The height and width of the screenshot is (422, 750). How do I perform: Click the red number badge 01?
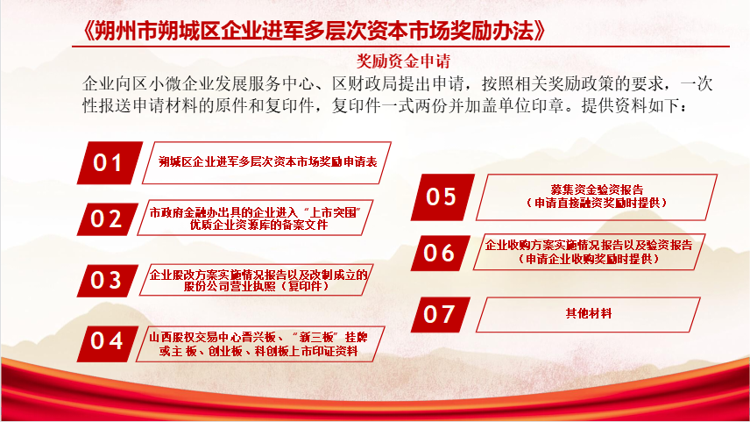pos(110,162)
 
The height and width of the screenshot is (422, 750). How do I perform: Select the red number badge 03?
pos(108,280)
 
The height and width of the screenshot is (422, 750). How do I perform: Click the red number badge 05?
pos(442,197)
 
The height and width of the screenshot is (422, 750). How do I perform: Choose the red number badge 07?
pos(441,314)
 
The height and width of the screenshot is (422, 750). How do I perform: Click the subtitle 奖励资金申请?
pos(403,61)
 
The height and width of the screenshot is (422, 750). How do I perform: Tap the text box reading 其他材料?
pos(588,314)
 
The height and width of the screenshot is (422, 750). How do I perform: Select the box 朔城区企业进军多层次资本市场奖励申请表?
pos(267,162)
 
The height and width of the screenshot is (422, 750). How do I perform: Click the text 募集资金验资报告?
pos(597,190)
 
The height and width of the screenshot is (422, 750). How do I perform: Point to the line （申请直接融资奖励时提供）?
pos(597,203)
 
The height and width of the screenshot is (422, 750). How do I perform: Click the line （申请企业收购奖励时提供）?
pos(589,259)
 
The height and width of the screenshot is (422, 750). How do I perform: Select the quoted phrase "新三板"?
pos(315,338)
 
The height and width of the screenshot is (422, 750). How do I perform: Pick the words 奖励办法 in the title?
pos(492,31)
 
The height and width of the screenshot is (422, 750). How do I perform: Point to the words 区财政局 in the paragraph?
pos(365,84)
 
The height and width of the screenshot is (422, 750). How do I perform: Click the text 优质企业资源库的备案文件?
pos(258,225)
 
